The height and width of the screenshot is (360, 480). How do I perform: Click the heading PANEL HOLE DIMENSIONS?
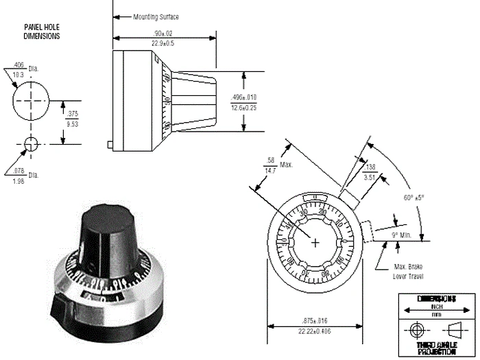click(41, 32)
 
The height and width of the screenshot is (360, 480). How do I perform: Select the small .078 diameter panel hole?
click(31, 143)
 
